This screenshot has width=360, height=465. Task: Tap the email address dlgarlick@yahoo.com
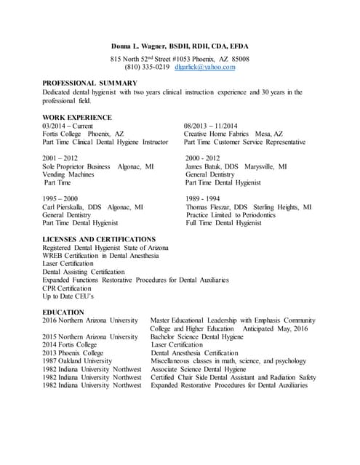(205, 67)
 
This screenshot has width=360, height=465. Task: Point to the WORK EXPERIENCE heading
(77, 117)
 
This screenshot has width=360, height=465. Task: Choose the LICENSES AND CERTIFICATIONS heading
(99, 239)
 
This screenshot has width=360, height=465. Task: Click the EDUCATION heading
(63, 312)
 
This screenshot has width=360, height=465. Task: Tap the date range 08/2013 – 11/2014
(216, 126)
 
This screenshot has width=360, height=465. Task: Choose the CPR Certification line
(72, 288)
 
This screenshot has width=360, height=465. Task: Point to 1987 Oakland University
(77, 360)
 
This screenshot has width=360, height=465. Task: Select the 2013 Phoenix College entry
(73, 352)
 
